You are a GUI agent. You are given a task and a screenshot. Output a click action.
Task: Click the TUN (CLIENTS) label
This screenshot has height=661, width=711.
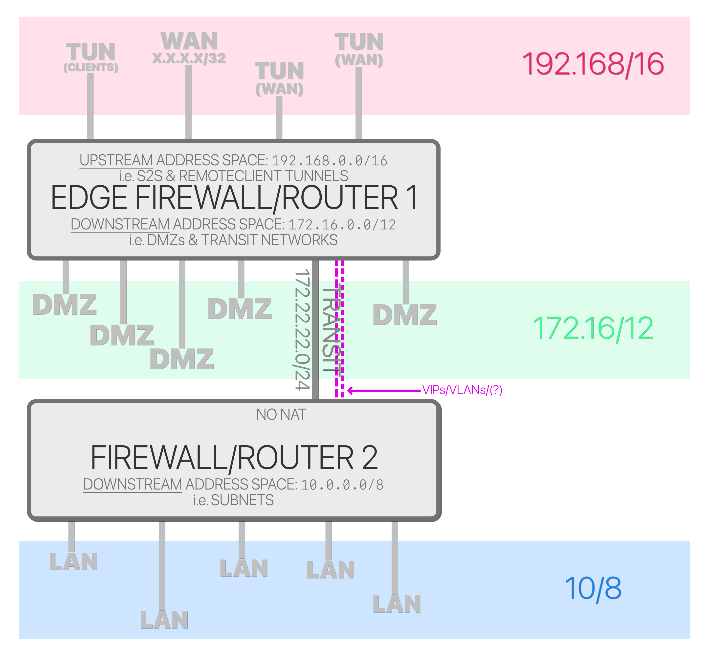tap(90, 57)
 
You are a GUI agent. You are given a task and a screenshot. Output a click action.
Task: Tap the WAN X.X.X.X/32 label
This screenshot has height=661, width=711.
tap(189, 47)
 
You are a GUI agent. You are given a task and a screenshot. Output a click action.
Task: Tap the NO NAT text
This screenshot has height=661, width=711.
tap(281, 415)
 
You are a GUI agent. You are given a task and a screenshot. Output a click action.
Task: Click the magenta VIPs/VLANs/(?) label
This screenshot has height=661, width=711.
tap(462, 390)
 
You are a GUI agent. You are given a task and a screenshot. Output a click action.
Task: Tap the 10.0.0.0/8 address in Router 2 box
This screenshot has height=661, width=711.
tap(342, 485)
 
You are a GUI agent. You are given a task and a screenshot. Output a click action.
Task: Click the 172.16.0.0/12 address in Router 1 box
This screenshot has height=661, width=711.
tap(342, 225)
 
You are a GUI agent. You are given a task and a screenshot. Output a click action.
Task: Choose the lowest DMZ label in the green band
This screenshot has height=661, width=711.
tap(182, 359)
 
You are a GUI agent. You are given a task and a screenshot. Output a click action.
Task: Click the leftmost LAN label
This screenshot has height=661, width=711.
tap(73, 562)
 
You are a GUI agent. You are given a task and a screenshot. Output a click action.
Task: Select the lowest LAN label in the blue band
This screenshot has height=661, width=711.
tap(164, 620)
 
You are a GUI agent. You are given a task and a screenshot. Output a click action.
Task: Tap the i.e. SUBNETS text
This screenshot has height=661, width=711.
tap(233, 500)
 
